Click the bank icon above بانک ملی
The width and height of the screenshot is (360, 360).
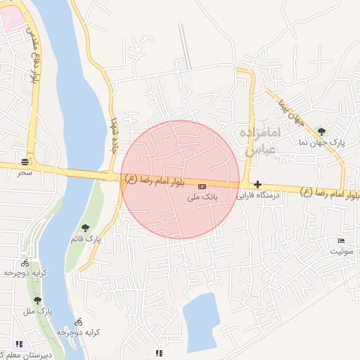[202, 186]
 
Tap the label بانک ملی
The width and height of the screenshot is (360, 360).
[204, 198]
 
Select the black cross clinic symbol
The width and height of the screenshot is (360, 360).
[257, 184]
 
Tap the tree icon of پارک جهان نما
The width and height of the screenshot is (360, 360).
[321, 131]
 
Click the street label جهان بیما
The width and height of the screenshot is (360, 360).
[288, 110]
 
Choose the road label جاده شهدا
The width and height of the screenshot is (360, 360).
[116, 134]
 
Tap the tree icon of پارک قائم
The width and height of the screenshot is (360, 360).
[85, 227]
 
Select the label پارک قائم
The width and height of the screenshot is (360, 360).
[85, 239]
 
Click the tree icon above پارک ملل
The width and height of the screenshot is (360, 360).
[37, 300]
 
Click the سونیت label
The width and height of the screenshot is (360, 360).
[342, 250]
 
